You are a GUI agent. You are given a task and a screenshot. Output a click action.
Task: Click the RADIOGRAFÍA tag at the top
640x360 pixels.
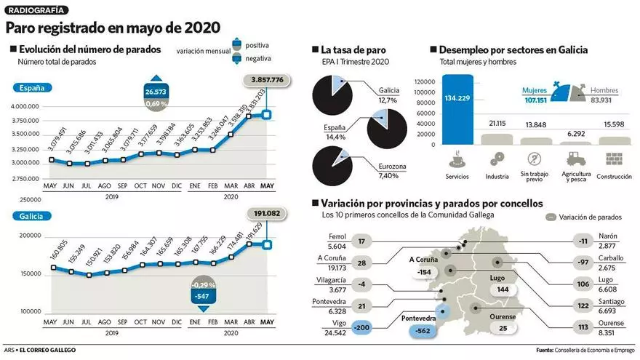37,10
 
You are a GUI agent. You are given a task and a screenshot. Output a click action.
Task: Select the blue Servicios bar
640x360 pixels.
457,109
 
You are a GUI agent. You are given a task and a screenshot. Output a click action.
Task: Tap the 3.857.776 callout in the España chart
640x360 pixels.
267,79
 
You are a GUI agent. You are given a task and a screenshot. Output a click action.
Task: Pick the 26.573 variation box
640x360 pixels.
156,92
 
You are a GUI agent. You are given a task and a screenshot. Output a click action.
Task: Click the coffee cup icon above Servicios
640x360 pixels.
457,158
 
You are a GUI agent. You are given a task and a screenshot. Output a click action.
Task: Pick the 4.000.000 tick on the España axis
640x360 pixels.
25,107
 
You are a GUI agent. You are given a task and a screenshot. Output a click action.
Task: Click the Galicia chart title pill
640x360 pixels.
32,215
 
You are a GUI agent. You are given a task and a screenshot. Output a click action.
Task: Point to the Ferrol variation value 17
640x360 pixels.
361,241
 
